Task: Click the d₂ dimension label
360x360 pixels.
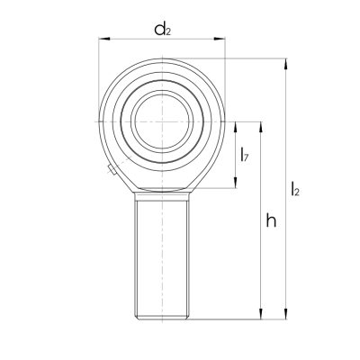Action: pyautogui.click(x=162, y=30)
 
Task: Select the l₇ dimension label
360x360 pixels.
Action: pyautogui.click(x=246, y=157)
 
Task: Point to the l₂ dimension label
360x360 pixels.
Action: pyautogui.click(x=297, y=190)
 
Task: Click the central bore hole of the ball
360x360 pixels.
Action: pyautogui.click(x=162, y=121)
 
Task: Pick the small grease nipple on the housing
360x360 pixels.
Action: pyautogui.click(x=110, y=170)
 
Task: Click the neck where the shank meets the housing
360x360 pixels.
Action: pyautogui.click(x=162, y=192)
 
